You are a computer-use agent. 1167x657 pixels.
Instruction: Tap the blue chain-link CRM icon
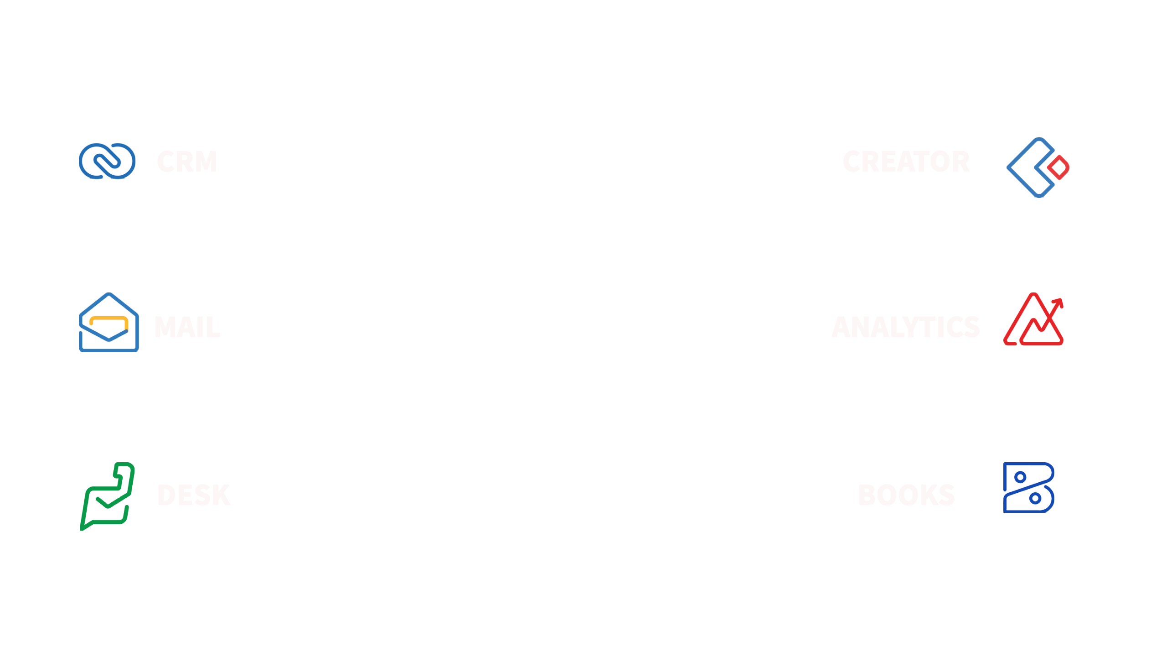107,161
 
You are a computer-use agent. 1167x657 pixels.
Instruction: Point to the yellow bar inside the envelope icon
108,318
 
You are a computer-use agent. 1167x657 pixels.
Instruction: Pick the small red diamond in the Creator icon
1058,167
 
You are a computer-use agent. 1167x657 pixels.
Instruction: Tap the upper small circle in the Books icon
1020,477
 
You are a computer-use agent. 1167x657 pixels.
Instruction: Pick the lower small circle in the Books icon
1035,498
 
